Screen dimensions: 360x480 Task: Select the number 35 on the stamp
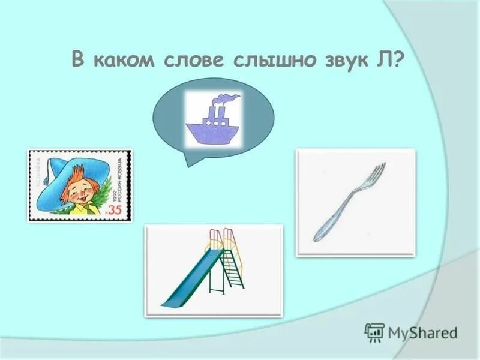pos(115,209)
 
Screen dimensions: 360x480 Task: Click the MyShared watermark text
pos(422,332)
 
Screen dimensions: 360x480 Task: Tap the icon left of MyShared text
pos(374,332)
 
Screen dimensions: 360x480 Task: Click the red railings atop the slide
pos(220,237)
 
